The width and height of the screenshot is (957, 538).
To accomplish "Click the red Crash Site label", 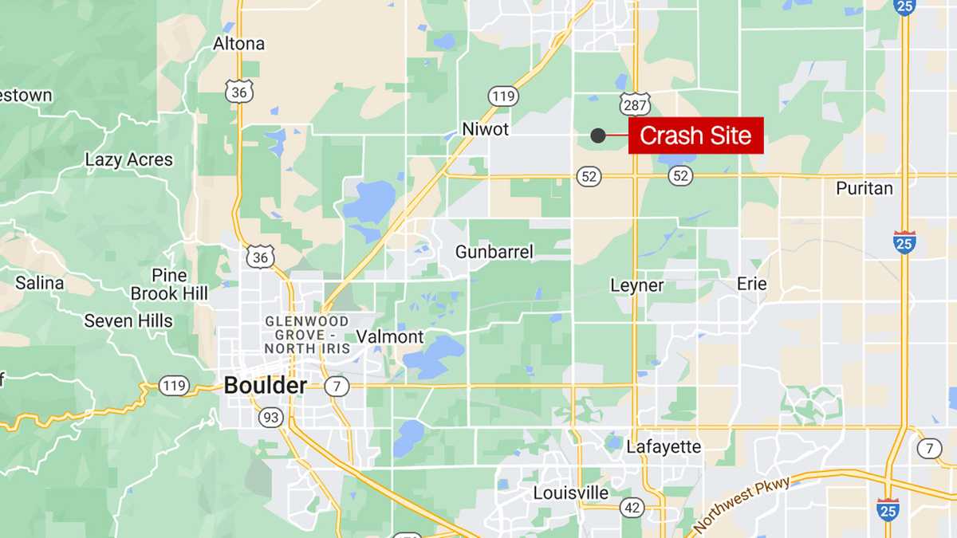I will [695, 135].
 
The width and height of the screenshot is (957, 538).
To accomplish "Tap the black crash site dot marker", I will [597, 135].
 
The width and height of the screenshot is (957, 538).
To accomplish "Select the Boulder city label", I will [265, 386].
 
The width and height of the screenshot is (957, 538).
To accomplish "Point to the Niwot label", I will [485, 128].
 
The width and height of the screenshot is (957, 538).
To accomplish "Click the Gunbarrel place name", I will [494, 252].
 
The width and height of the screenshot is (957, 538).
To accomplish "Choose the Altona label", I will [238, 44].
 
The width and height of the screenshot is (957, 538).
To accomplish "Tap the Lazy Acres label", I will [128, 160].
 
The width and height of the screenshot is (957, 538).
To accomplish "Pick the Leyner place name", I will [636, 285].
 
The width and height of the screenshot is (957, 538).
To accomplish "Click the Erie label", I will [751, 284].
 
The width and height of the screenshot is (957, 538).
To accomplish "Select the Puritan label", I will [864, 189].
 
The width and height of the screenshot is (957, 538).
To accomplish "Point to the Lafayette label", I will [663, 446].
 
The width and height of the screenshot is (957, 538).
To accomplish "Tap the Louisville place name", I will [570, 493].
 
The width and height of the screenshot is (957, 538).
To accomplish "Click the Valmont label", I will [389, 336].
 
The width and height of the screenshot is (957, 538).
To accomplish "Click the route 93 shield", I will [270, 417].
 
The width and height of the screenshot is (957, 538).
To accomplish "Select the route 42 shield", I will [632, 508].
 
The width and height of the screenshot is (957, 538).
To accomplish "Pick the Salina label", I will [39, 283].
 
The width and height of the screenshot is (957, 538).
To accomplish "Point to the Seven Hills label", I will [128, 320].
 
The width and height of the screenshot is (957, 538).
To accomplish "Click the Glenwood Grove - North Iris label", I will [306, 335].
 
